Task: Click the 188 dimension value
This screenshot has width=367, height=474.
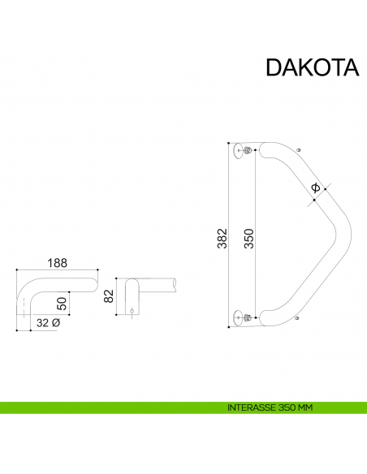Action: coord(57,264)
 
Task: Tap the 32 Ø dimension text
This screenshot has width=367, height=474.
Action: coord(49,323)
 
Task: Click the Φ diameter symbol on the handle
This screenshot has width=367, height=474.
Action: coord(315,188)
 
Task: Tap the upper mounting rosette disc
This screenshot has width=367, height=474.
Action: coord(238,151)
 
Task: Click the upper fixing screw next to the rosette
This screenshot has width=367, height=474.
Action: coord(248,151)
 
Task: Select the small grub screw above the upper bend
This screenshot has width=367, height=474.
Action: coord(300,150)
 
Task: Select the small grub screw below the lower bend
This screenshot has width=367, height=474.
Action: coord(300,319)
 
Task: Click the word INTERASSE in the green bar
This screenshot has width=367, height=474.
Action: coord(252,407)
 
